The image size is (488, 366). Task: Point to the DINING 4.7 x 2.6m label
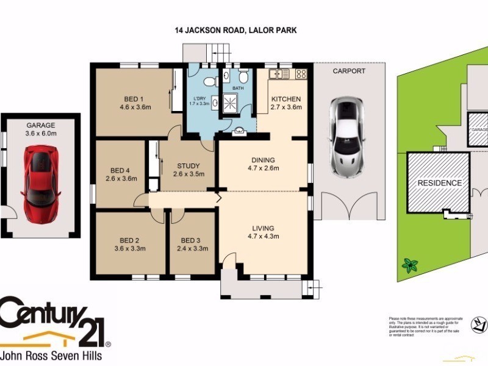tap(262, 163)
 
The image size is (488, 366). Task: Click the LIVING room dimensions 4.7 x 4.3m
tap(263, 236)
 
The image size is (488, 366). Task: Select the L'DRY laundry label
tap(199, 99)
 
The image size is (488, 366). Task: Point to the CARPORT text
tap(349, 71)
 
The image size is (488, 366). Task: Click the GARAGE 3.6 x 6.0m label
tap(40, 129)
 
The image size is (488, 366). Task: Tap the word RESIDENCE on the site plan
tap(439, 183)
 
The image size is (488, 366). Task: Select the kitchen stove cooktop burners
tap(300, 74)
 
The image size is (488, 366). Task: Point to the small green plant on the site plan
tap(410, 265)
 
